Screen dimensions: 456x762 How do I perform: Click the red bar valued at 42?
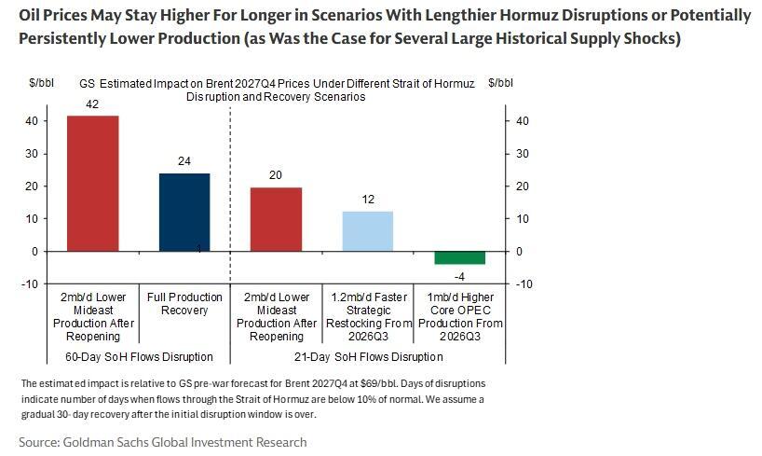92,183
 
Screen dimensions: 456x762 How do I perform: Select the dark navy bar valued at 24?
184,212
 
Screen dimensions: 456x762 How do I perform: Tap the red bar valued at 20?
276,219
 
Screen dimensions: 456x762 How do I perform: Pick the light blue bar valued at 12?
367,231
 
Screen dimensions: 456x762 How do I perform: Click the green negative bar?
459,258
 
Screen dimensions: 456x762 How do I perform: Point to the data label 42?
92,104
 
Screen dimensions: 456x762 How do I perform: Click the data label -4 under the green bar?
459,275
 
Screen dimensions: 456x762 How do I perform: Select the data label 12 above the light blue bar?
368,200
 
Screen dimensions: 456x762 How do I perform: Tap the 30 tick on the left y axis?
31,154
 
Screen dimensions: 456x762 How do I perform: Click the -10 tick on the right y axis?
524,284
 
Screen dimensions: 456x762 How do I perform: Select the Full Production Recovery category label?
184,304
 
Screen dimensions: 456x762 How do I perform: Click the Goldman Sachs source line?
162,441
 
